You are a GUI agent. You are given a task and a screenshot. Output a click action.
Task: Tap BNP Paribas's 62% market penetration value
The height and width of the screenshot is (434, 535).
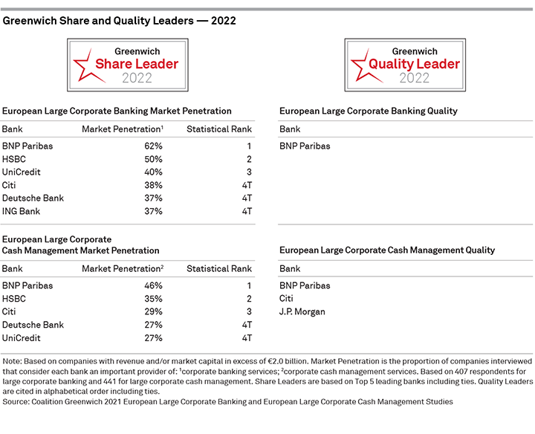click(153, 146)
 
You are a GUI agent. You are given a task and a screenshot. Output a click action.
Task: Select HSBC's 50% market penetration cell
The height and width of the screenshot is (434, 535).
click(153, 159)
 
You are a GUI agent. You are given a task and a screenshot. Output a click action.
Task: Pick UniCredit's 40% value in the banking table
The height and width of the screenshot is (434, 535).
click(153, 172)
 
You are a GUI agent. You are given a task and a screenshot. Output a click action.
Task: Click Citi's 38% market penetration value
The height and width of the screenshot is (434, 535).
click(153, 185)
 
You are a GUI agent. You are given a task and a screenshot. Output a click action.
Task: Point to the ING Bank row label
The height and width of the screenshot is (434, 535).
click(21, 212)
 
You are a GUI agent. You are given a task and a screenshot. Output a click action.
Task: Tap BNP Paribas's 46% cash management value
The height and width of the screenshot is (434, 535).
click(153, 285)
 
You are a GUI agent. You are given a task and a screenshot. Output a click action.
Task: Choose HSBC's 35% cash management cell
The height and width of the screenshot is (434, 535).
click(153, 299)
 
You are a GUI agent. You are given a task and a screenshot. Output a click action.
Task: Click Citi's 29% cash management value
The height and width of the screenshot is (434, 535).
click(153, 311)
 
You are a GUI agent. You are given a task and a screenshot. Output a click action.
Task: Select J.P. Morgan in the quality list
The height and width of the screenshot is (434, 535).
click(302, 312)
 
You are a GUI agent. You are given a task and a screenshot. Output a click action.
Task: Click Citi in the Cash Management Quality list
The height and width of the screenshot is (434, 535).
click(286, 299)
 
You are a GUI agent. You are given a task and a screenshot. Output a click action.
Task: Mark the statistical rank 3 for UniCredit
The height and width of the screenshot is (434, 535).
click(249, 172)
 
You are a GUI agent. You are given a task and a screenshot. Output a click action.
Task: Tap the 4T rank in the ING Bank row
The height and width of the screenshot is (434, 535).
click(247, 212)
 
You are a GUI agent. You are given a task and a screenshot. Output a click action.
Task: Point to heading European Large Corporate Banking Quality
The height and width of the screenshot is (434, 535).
click(369, 111)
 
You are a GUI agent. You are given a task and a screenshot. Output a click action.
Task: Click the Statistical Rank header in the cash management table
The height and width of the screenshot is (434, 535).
click(219, 269)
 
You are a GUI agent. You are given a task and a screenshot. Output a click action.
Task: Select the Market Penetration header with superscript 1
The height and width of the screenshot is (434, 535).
click(123, 129)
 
